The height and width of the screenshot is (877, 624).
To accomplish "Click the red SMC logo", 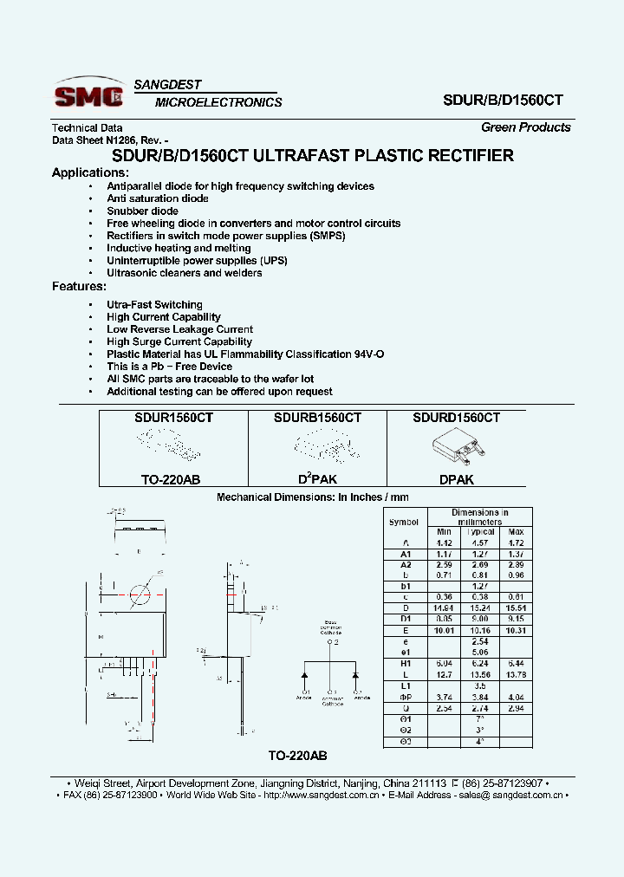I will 89,94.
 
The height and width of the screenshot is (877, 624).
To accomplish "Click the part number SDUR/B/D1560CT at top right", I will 503,101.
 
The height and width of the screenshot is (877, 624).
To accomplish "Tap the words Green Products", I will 526,127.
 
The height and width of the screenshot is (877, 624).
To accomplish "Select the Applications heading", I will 91,172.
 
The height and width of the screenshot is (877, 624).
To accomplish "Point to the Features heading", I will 79,286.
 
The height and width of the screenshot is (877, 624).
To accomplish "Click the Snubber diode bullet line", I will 142,211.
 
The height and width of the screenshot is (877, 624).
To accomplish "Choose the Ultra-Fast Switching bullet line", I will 154,305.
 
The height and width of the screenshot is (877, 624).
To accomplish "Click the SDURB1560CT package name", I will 317,417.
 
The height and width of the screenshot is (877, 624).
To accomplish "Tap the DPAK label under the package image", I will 456,479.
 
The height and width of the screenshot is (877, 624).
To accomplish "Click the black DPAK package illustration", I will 455,446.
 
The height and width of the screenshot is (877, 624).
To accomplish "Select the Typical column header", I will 480,531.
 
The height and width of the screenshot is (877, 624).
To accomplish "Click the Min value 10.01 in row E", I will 444,631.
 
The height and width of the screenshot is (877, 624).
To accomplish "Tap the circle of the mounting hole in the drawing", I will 140,595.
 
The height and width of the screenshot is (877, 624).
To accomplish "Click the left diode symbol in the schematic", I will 305,675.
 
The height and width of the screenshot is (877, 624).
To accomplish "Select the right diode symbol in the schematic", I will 354,675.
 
